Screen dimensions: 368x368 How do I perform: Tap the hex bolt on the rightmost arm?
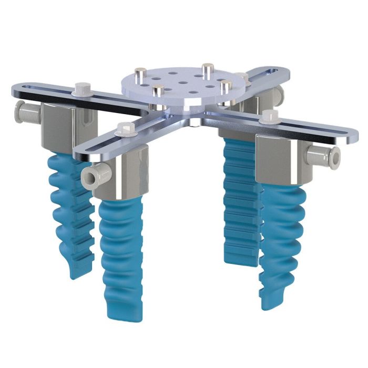272,116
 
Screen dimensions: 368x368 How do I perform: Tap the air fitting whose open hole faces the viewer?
94,176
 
